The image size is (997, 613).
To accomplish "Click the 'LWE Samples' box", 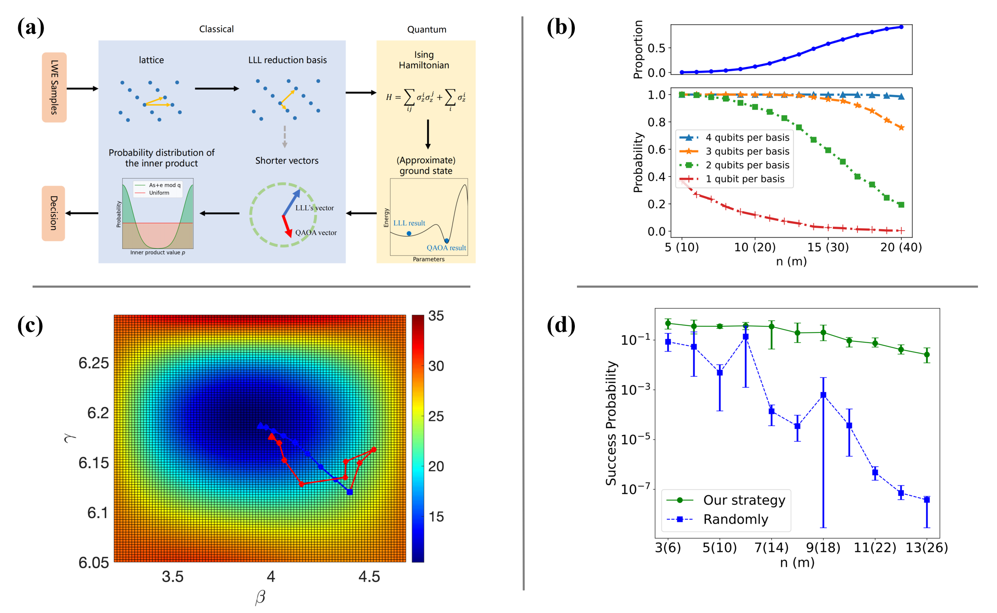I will pyautogui.click(x=54, y=87).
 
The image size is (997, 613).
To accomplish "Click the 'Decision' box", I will pyautogui.click(x=53, y=213).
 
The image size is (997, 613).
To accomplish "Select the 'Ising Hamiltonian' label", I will pyautogui.click(x=424, y=60).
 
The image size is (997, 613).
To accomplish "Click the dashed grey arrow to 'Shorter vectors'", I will pyautogui.click(x=285, y=136).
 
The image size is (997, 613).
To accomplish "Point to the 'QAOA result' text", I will pyautogui.click(x=446, y=248).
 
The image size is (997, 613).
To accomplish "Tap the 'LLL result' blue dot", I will pyautogui.click(x=409, y=234).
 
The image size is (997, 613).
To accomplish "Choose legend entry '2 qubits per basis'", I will pyautogui.click(x=747, y=165).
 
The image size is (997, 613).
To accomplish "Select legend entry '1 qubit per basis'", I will pyautogui.click(x=744, y=179).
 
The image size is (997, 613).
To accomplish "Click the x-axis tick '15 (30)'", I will pyautogui.click(x=828, y=247).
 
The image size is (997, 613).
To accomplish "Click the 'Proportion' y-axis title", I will pyautogui.click(x=638, y=49).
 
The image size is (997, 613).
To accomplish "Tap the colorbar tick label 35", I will pyautogui.click(x=436, y=316).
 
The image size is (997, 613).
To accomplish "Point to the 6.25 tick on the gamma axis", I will pyautogui.click(x=93, y=363).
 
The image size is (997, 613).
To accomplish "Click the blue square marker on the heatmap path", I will pyautogui.click(x=350, y=492).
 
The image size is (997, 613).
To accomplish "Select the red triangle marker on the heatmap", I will pyautogui.click(x=272, y=436).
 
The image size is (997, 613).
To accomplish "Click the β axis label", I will pyautogui.click(x=260, y=597).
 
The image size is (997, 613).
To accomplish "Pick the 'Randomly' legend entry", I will pyautogui.click(x=735, y=519).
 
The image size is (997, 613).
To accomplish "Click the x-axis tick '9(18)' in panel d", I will pyautogui.click(x=823, y=547).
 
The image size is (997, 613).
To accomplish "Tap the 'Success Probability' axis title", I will pyautogui.click(x=611, y=423).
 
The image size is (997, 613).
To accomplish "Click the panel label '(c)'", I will pyautogui.click(x=30, y=326).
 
